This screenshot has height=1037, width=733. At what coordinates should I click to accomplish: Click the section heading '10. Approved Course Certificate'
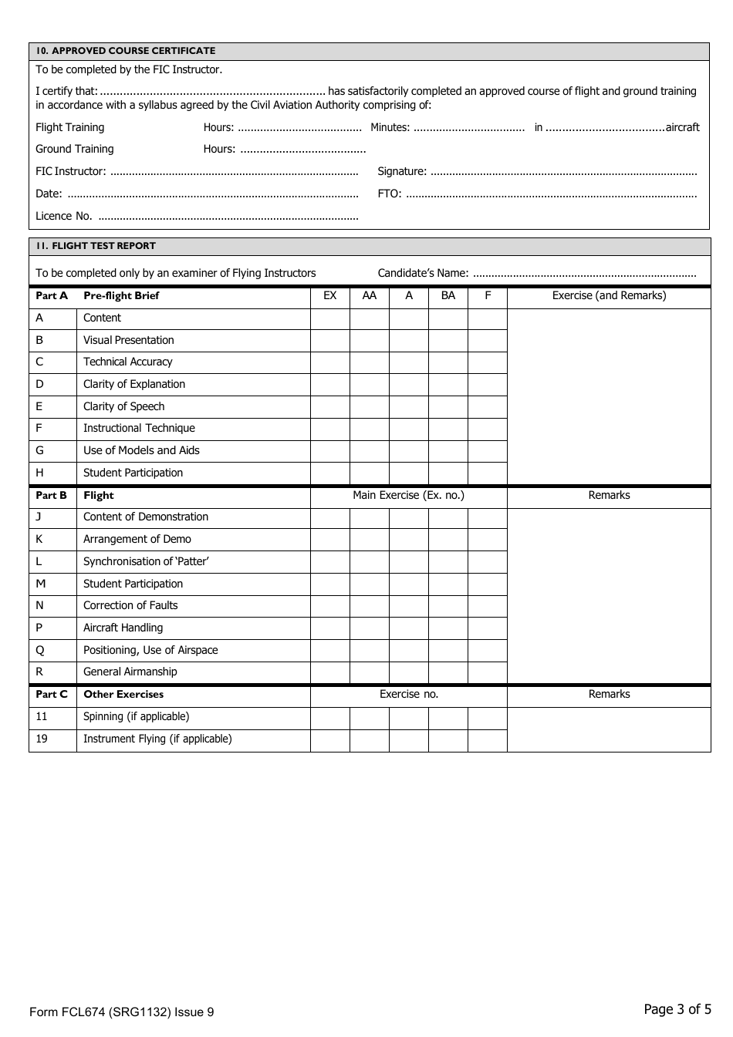126,51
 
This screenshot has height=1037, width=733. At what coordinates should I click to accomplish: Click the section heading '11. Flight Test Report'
96,246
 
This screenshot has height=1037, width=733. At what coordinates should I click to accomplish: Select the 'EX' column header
330,296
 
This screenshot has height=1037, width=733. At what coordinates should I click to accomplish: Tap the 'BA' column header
448,296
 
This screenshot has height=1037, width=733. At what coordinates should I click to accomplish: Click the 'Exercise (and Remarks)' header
609,296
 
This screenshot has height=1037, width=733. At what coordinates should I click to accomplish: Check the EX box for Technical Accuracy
330,362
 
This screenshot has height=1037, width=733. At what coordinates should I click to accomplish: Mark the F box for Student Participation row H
488,473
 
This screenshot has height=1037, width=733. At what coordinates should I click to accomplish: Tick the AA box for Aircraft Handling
370,628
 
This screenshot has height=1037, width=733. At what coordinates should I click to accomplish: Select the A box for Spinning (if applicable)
409,717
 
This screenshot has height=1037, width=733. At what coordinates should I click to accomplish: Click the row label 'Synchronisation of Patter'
146,562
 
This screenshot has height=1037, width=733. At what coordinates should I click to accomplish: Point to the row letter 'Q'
40,651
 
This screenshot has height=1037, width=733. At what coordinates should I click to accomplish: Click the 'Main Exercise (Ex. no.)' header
408,496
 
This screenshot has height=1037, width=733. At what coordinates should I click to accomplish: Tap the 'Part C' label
52,695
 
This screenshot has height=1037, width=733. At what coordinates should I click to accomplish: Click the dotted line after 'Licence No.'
228,217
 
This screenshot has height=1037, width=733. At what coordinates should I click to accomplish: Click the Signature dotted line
563,172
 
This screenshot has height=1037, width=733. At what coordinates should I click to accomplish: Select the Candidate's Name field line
584,274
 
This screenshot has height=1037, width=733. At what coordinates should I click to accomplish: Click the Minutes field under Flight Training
469,128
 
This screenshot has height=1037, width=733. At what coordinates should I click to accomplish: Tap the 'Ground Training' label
75,150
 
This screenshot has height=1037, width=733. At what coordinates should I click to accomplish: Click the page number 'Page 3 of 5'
677,1009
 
